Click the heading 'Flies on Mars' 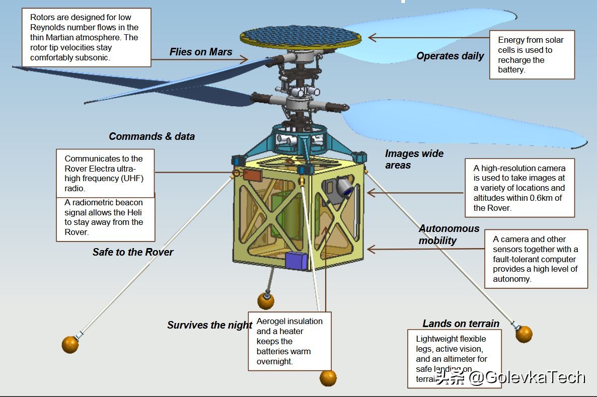[201, 52]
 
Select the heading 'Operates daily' [450, 56]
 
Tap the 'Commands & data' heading [152, 136]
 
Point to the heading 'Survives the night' [209, 325]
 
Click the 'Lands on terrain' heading [461, 324]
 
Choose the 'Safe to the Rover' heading [132, 252]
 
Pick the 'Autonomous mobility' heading [441, 234]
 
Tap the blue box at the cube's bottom [296, 261]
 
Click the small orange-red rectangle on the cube [252, 175]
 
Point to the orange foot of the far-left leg [70, 345]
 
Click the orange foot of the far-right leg [524, 334]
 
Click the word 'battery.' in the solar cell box [511, 70]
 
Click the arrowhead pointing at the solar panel [371, 37]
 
